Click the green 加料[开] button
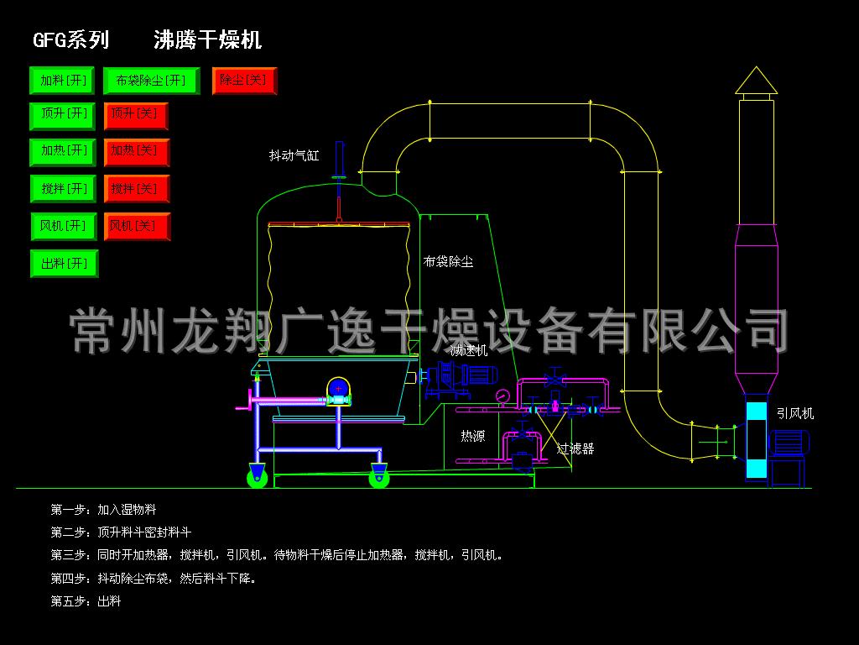point(64,81)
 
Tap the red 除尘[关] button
point(244,81)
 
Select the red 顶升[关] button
point(136,116)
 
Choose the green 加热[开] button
point(64,152)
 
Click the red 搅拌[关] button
point(136,189)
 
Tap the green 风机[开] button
point(64,227)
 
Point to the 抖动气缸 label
point(294,155)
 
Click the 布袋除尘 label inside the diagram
point(448,262)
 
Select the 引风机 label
point(794,413)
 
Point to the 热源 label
point(472,436)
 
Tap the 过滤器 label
point(576,448)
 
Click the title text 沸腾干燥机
point(207,39)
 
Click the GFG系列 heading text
point(70,39)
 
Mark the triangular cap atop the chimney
point(756,81)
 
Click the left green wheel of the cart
point(258,478)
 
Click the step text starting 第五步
point(86,601)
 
